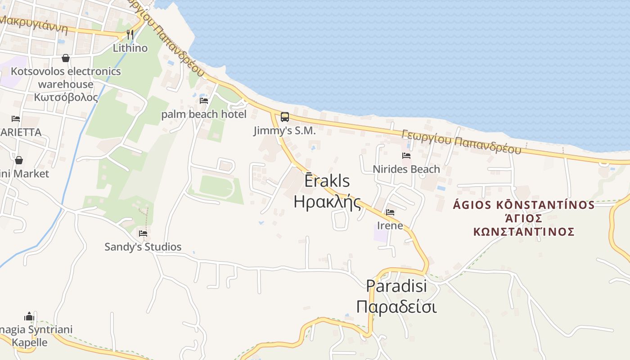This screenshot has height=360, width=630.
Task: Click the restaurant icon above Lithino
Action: tap(130, 34)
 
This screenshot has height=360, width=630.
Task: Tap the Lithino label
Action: tap(130, 48)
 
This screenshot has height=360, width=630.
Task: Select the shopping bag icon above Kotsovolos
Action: tap(66, 58)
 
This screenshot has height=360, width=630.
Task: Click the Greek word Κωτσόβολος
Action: tap(66, 97)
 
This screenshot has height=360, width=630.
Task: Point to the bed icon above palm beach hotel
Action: tap(204, 100)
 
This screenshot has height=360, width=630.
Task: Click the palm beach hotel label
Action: tap(204, 114)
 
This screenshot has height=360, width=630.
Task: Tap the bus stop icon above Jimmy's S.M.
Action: tap(285, 117)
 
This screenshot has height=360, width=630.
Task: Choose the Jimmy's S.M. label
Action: tap(284, 131)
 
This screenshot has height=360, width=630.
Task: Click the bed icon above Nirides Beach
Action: tap(406, 156)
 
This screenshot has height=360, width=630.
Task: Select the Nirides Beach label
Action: tap(406, 169)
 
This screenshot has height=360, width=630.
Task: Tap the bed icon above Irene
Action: tap(390, 212)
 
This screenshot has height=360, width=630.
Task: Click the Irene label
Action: tap(390, 225)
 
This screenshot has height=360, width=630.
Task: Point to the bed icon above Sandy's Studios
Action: tap(143, 233)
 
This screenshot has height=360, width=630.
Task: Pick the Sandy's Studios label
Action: tap(143, 247)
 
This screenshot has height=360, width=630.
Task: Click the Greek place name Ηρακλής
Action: tap(328, 202)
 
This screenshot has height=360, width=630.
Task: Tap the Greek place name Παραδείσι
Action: tap(396, 307)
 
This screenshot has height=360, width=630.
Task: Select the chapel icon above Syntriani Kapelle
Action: tap(29, 316)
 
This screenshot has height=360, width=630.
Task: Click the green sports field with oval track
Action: tap(216, 186)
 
